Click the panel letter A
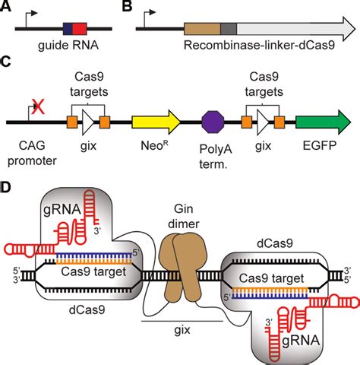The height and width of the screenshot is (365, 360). (x=8, y=8)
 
